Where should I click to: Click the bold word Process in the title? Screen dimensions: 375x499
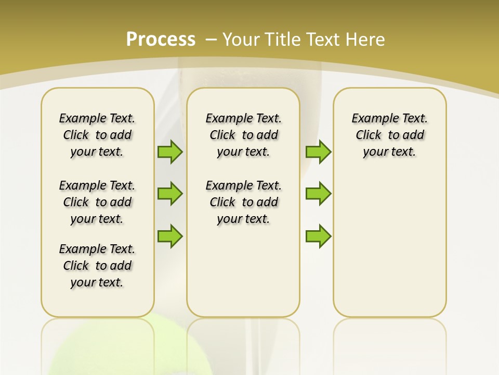161,40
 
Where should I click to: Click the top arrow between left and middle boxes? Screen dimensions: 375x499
170,152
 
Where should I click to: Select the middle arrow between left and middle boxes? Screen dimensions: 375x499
170,194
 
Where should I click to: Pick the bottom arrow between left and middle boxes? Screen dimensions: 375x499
170,236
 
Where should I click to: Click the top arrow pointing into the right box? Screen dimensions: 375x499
318,152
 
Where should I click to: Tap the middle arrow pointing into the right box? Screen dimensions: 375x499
318,194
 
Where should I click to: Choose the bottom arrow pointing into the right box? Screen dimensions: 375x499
318,236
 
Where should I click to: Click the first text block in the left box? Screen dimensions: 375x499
97,135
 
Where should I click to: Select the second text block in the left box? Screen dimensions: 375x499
97,202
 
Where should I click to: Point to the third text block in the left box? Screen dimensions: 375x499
97,266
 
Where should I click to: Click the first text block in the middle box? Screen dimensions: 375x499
243,135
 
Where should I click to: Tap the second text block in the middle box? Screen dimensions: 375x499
243,202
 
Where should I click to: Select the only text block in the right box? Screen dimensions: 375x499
389,135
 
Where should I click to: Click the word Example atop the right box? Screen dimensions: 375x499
372,119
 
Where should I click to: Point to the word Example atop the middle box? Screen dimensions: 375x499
226,119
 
